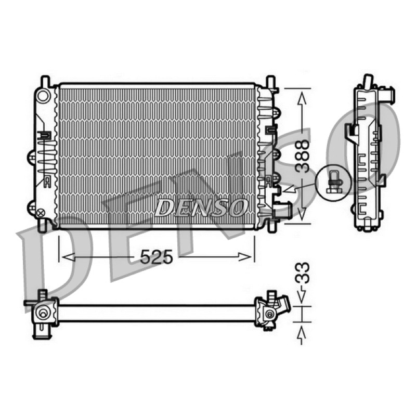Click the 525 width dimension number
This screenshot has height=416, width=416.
pyautogui.click(x=157, y=257)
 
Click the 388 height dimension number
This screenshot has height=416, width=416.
pyautogui.click(x=303, y=157)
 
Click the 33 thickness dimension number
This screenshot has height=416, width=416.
pyautogui.click(x=303, y=273)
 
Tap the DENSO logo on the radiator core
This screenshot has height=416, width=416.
pyautogui.click(x=201, y=207)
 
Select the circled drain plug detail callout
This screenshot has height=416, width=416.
pyautogui.click(x=333, y=183)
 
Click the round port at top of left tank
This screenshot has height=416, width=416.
pyautogui.click(x=43, y=96)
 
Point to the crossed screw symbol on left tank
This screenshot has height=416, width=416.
pyautogui.click(x=41, y=213)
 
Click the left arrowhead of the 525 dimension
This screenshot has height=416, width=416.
pyautogui.click(x=68, y=257)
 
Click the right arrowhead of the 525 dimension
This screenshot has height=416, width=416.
pyautogui.click(x=245, y=257)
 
